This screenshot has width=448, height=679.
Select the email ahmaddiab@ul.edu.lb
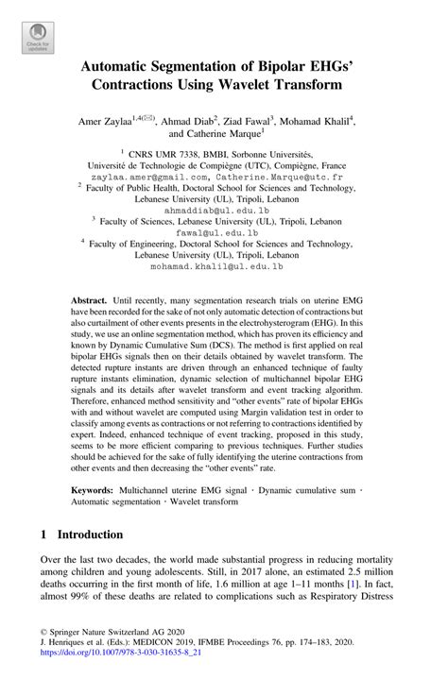coord(224,212)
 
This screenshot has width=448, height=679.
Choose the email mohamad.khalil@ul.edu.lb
coord(224,267)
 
